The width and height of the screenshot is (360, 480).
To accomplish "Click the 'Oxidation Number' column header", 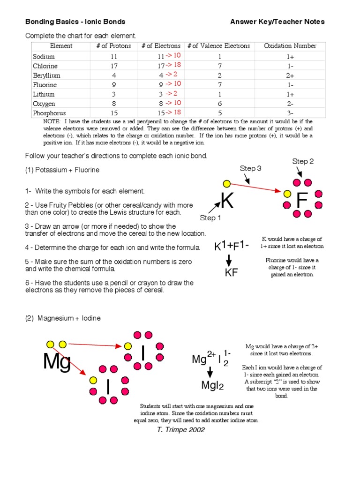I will (290, 46).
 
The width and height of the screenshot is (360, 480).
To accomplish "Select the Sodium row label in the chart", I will (44, 57).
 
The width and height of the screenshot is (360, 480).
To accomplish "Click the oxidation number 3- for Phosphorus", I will (290, 113).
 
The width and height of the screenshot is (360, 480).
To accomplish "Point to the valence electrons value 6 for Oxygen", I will (219, 104).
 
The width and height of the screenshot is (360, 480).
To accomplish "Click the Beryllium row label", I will (46, 75).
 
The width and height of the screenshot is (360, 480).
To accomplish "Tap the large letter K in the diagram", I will (227, 201).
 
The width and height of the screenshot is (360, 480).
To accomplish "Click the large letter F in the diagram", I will (302, 201).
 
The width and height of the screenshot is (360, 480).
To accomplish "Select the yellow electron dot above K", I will (227, 184).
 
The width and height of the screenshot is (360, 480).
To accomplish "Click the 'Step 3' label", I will (250, 168).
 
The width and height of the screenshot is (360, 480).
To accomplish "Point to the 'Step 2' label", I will (303, 161).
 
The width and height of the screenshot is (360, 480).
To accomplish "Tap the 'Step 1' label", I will (210, 217).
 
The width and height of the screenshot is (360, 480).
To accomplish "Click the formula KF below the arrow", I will (232, 273).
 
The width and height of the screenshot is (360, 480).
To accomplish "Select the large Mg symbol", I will (57, 361).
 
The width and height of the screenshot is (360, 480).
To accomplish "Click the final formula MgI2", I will (212, 386).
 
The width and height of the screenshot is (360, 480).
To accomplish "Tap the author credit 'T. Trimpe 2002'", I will (180, 430).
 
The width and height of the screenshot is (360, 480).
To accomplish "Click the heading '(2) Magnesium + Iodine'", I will (63, 318).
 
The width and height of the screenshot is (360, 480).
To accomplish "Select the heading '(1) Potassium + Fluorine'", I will (62, 170).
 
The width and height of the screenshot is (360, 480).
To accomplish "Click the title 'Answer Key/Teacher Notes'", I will (277, 22).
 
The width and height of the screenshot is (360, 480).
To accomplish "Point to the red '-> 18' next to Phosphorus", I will (173, 112).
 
